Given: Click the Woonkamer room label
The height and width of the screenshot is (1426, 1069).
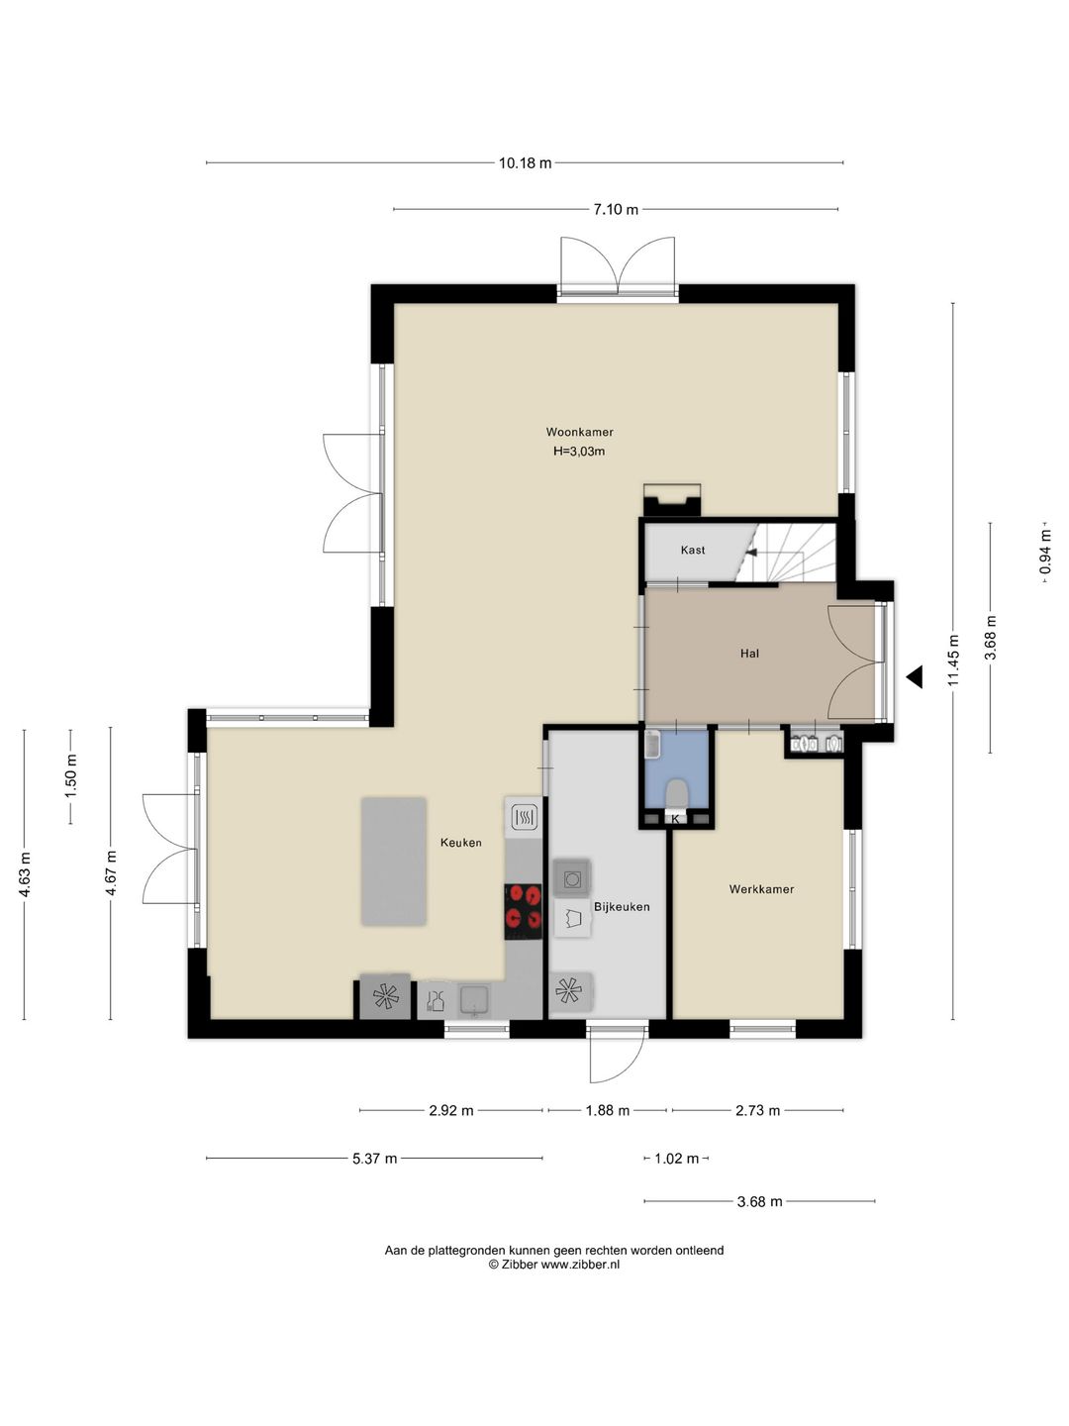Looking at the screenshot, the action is coord(579,432).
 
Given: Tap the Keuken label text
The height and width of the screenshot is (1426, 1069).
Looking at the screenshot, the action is coord(461,843).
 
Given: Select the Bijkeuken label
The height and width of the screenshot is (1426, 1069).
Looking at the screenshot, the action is coord(622,907).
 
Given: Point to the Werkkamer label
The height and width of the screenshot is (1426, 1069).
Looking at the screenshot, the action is coord(761,889).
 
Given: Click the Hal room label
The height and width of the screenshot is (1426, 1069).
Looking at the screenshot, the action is coord(749,654).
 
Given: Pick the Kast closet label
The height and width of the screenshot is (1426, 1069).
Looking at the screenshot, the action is coord(693,551).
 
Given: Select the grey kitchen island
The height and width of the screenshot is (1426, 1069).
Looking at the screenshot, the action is coord(393,862).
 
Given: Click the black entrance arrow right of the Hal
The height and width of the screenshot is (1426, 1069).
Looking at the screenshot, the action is coord(916,677).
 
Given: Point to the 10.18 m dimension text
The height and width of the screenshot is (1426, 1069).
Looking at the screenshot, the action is coord(525,163).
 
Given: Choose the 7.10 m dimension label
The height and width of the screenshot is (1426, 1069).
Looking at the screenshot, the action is coord(616,209).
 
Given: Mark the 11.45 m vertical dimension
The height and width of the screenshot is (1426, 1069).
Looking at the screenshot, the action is coord(953,661).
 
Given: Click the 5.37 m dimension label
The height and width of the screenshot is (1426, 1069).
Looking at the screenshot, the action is coord(374,1159).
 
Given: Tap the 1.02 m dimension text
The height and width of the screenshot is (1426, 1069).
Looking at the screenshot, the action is coord(676,1159).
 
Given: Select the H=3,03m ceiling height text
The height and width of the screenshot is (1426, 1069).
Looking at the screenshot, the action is coord(579,452).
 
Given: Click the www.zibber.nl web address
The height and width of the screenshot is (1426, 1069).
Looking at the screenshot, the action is coord(580,1265).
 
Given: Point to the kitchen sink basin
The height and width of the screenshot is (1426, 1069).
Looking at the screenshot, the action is coord(474,1000).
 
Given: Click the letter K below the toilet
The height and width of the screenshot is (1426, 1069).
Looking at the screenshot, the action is coord(676,819).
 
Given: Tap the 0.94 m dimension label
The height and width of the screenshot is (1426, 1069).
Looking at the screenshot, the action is coord(1044,553).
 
